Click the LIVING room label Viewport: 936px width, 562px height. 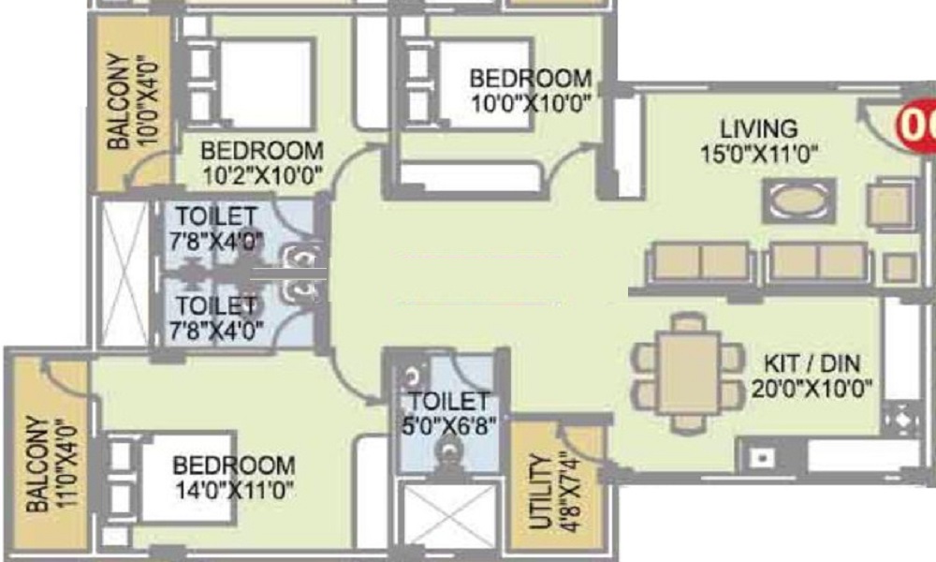click(x=758, y=129)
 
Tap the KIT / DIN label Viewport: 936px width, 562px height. click(x=812, y=363)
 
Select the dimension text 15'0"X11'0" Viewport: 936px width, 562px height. click(x=758, y=155)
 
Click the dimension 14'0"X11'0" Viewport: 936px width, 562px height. click(x=235, y=491)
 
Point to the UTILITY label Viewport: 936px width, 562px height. click(x=540, y=492)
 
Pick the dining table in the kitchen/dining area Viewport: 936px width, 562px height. click(x=688, y=374)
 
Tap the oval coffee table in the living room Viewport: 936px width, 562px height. click(x=798, y=201)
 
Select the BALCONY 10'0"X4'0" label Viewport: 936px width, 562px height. click(x=133, y=101)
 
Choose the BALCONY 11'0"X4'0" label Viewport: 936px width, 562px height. click(x=51, y=464)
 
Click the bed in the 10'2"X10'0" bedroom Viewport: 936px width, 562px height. click(x=250, y=83)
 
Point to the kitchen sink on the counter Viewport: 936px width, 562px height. click(x=760, y=458)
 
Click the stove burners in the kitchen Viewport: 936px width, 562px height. click(x=900, y=419)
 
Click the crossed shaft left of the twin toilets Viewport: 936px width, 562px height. click(x=124, y=274)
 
